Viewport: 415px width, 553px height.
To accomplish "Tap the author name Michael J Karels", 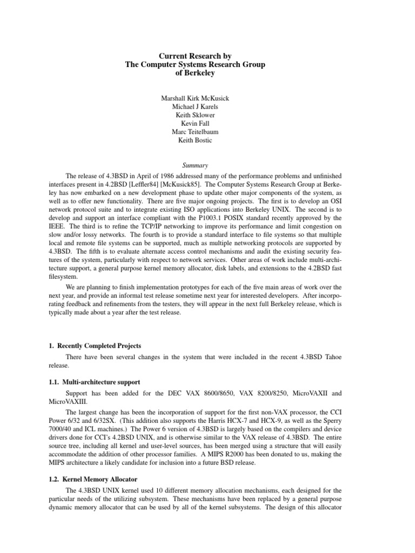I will pos(195,107).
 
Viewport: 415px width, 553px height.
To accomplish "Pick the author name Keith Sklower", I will pos(195,116).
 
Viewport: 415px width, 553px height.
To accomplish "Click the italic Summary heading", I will pos(195,166).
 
